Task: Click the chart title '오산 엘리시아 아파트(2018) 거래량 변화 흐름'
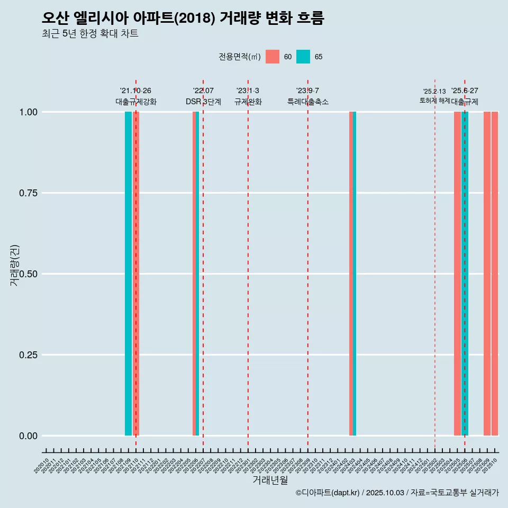[183, 18]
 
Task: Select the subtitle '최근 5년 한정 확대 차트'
[90, 34]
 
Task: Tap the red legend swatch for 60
[273, 57]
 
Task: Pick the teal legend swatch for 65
[303, 57]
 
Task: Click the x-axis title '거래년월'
[270, 480]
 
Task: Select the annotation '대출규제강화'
[136, 102]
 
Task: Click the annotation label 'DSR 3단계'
[203, 102]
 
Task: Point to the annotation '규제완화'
[248, 102]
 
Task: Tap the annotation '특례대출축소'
[308, 102]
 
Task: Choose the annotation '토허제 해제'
[434, 100]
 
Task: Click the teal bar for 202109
[128, 274]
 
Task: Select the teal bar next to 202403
[355, 274]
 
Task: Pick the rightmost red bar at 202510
[495, 274]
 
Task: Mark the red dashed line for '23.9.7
[308, 265]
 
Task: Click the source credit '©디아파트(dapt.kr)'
[328, 493]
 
